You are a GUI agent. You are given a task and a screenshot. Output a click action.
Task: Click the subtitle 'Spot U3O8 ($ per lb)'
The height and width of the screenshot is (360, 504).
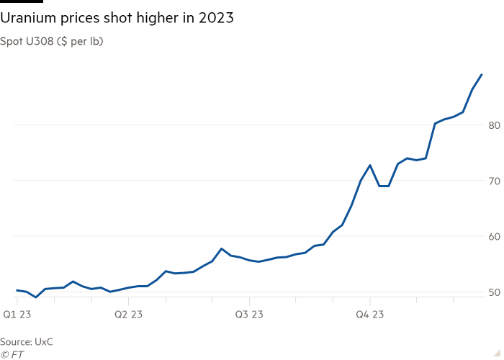[51, 41]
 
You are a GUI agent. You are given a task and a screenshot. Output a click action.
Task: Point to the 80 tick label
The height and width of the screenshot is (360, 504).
[494, 125]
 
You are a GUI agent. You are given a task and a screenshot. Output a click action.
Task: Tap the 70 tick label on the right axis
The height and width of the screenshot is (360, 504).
[494, 181]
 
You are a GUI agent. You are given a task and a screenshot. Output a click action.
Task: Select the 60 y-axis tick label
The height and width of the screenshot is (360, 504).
[494, 236]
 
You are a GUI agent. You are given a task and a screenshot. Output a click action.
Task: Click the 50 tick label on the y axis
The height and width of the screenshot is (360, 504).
[494, 292]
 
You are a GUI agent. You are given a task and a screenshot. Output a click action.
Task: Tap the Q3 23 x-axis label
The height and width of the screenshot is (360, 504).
[248, 314]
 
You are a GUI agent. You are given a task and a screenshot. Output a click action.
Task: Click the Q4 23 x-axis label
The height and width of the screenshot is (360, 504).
[369, 314]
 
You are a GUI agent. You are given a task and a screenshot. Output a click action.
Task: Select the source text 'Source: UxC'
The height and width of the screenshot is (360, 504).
[27, 341]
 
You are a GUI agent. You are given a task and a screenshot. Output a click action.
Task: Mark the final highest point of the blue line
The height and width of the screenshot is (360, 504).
[482, 74]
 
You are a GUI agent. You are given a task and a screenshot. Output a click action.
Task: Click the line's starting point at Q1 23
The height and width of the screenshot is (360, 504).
[16, 290]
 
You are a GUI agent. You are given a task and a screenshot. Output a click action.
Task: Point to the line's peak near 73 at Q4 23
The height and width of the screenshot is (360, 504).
[369, 165]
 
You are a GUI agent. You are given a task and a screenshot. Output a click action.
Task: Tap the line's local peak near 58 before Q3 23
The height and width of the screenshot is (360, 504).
[222, 248]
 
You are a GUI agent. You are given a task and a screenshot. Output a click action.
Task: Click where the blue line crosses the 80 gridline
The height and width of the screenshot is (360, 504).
[434, 125]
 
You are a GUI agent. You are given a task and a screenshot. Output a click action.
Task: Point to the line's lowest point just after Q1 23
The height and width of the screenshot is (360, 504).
[35, 297]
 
